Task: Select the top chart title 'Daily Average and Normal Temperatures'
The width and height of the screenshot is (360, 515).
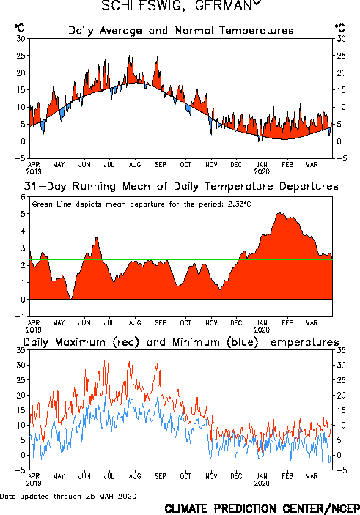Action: (x=181, y=31)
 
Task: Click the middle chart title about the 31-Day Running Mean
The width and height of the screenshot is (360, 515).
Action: (x=181, y=186)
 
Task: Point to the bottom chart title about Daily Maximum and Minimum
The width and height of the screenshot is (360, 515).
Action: (x=181, y=342)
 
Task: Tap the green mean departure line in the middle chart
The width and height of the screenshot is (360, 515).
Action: (x=181, y=260)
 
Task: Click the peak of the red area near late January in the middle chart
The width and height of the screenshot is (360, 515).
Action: (x=280, y=213)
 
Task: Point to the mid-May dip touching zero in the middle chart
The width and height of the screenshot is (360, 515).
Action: (x=71, y=298)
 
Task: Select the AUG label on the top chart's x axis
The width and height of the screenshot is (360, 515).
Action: (x=135, y=164)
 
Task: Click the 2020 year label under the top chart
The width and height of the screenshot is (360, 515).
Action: (x=262, y=171)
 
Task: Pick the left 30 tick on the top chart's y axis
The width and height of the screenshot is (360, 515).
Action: (x=21, y=39)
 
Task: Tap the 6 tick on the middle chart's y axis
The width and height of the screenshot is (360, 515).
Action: (x=23, y=197)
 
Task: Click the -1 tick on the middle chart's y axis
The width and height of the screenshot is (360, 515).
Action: (x=21, y=316)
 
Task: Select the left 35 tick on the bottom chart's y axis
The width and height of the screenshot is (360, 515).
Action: (x=21, y=350)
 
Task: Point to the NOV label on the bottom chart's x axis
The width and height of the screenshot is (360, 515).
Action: (x=211, y=476)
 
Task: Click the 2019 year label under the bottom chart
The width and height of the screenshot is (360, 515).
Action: (x=34, y=483)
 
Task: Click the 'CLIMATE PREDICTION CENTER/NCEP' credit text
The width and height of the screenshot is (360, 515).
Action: (x=262, y=508)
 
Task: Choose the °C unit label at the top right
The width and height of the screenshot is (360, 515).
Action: (x=340, y=28)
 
